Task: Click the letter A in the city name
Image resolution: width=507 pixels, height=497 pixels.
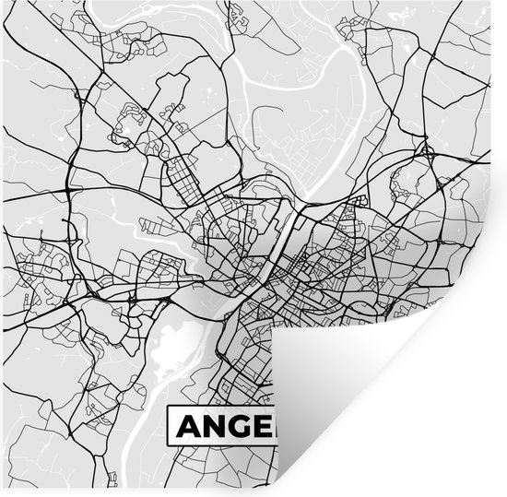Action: point(188,425)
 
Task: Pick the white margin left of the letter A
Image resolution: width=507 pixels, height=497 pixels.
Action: point(172,425)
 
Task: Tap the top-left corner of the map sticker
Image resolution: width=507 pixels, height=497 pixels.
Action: point(2,2)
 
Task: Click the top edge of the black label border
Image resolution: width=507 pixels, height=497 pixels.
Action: point(221,406)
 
